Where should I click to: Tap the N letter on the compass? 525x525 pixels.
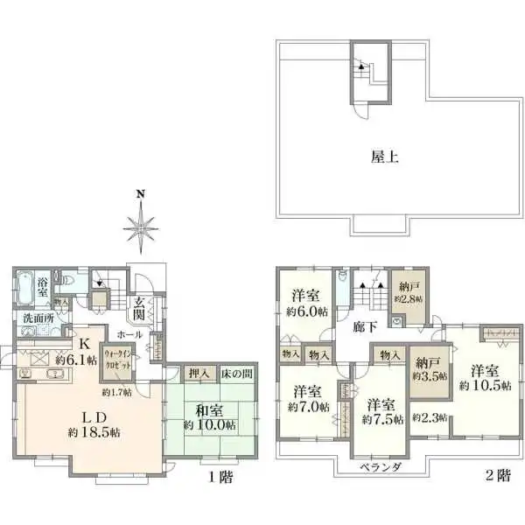click(139, 194)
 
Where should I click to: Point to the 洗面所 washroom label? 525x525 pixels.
click(36, 318)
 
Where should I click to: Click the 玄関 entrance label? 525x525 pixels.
click(139, 309)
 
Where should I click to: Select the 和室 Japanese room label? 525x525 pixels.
click(210, 409)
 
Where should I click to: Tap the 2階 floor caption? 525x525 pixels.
click(498, 477)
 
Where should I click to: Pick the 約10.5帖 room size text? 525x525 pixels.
click(482, 386)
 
